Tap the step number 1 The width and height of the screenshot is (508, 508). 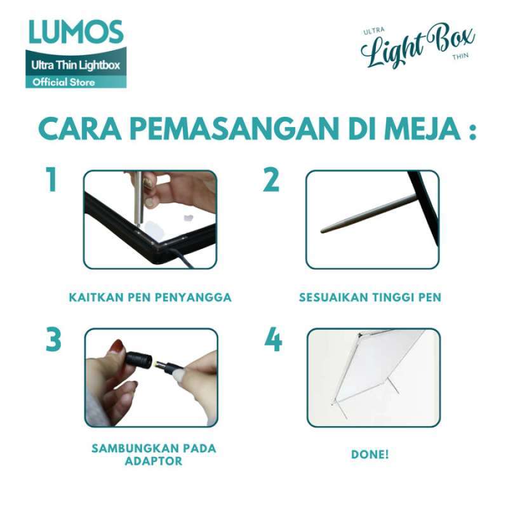coord(52,180)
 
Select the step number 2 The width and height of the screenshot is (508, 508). coord(271,180)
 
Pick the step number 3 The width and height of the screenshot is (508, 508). coord(53,340)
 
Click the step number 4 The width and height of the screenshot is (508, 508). coord(273,340)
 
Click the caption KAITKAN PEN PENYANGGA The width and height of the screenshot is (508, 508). coord(150,297)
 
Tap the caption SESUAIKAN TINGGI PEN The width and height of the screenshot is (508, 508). coord(370,297)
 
